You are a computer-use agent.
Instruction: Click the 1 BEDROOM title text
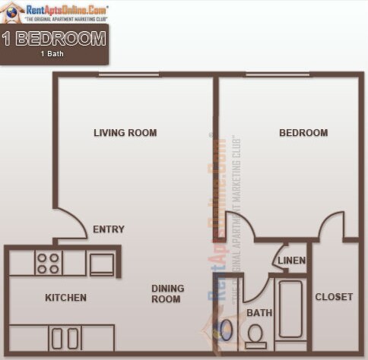coord(53,39)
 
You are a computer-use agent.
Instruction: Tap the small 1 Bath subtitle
coord(53,54)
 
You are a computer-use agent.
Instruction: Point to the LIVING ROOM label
coord(125,133)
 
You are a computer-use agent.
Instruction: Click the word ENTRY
coord(108,229)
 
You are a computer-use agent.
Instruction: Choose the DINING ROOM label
coord(166,294)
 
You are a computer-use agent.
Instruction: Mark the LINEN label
coord(292,261)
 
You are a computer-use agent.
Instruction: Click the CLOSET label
coord(334,297)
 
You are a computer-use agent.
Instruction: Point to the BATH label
coord(259,313)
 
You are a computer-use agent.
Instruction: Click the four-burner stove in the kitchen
coord(48,264)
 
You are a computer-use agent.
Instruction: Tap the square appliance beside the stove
coord(101,264)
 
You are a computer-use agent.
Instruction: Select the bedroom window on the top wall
coord(277,74)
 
